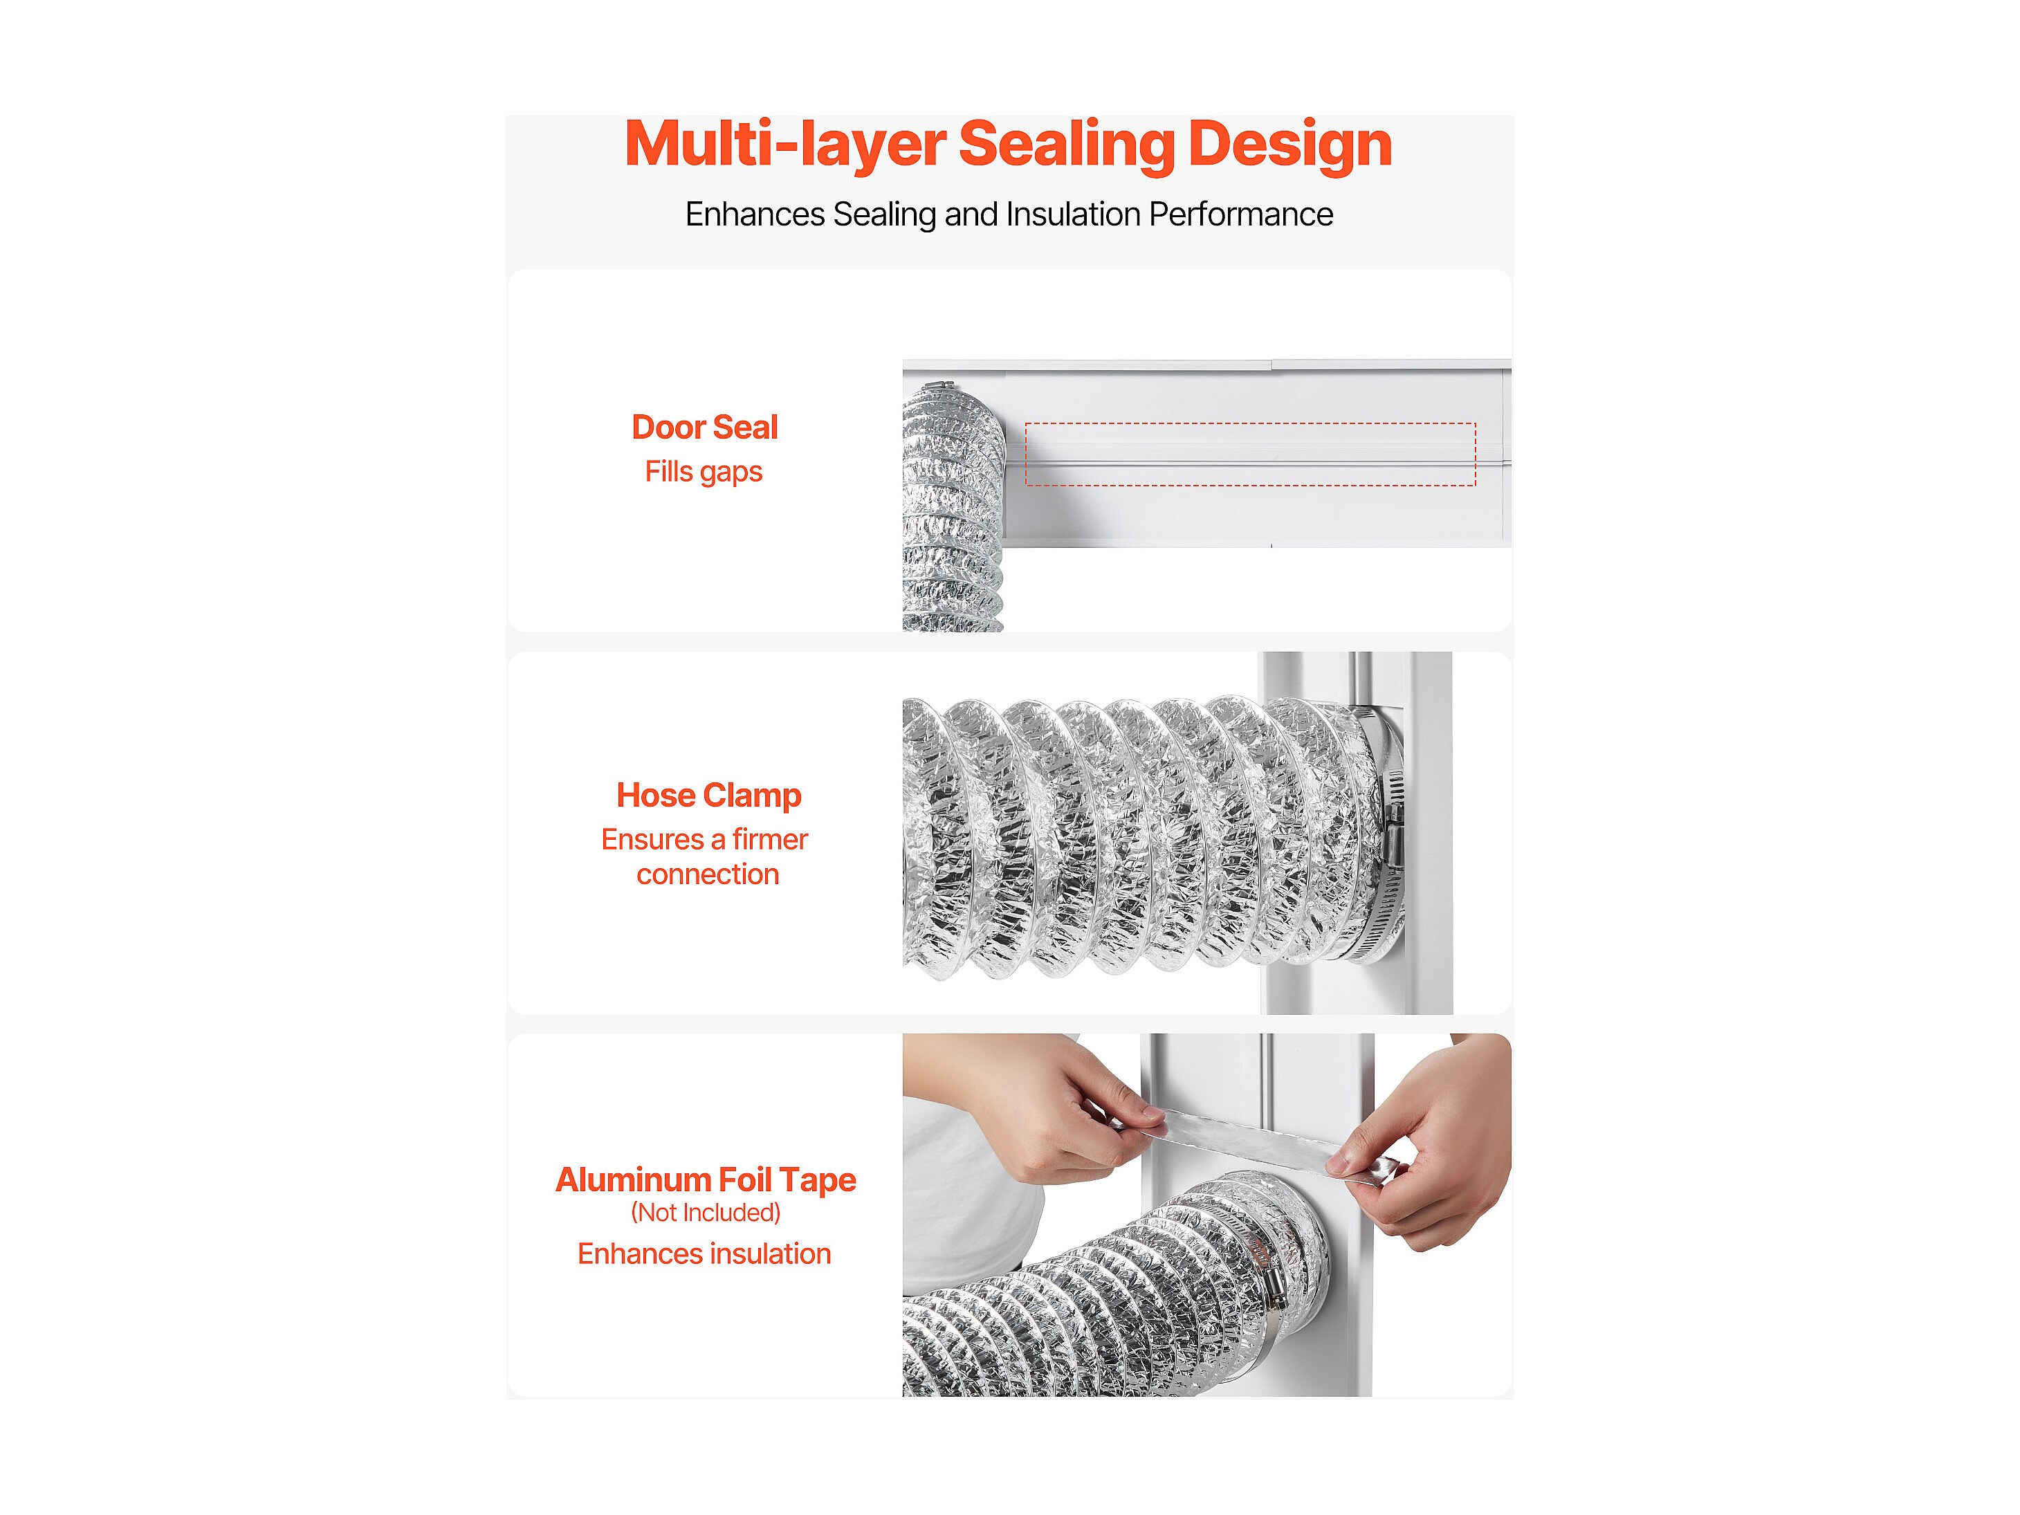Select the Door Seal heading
(x=704, y=428)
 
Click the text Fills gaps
(x=703, y=472)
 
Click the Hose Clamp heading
(x=708, y=796)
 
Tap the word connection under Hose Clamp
(x=708, y=875)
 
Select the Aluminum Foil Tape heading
(x=706, y=1180)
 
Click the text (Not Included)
(x=706, y=1213)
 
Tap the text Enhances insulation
(x=704, y=1254)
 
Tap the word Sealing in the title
(x=1066, y=146)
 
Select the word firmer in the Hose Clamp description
(x=770, y=839)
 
